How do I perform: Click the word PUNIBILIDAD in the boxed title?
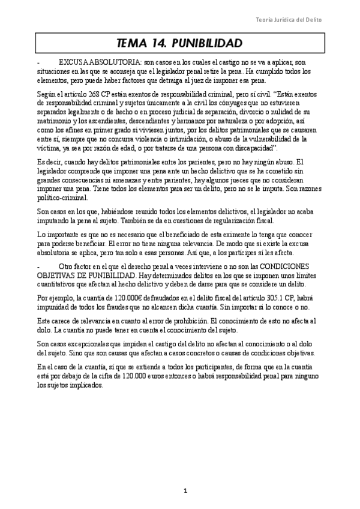point(206,44)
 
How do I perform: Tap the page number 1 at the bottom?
point(185,491)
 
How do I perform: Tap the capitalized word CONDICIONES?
point(287,267)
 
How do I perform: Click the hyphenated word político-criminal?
point(62,197)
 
